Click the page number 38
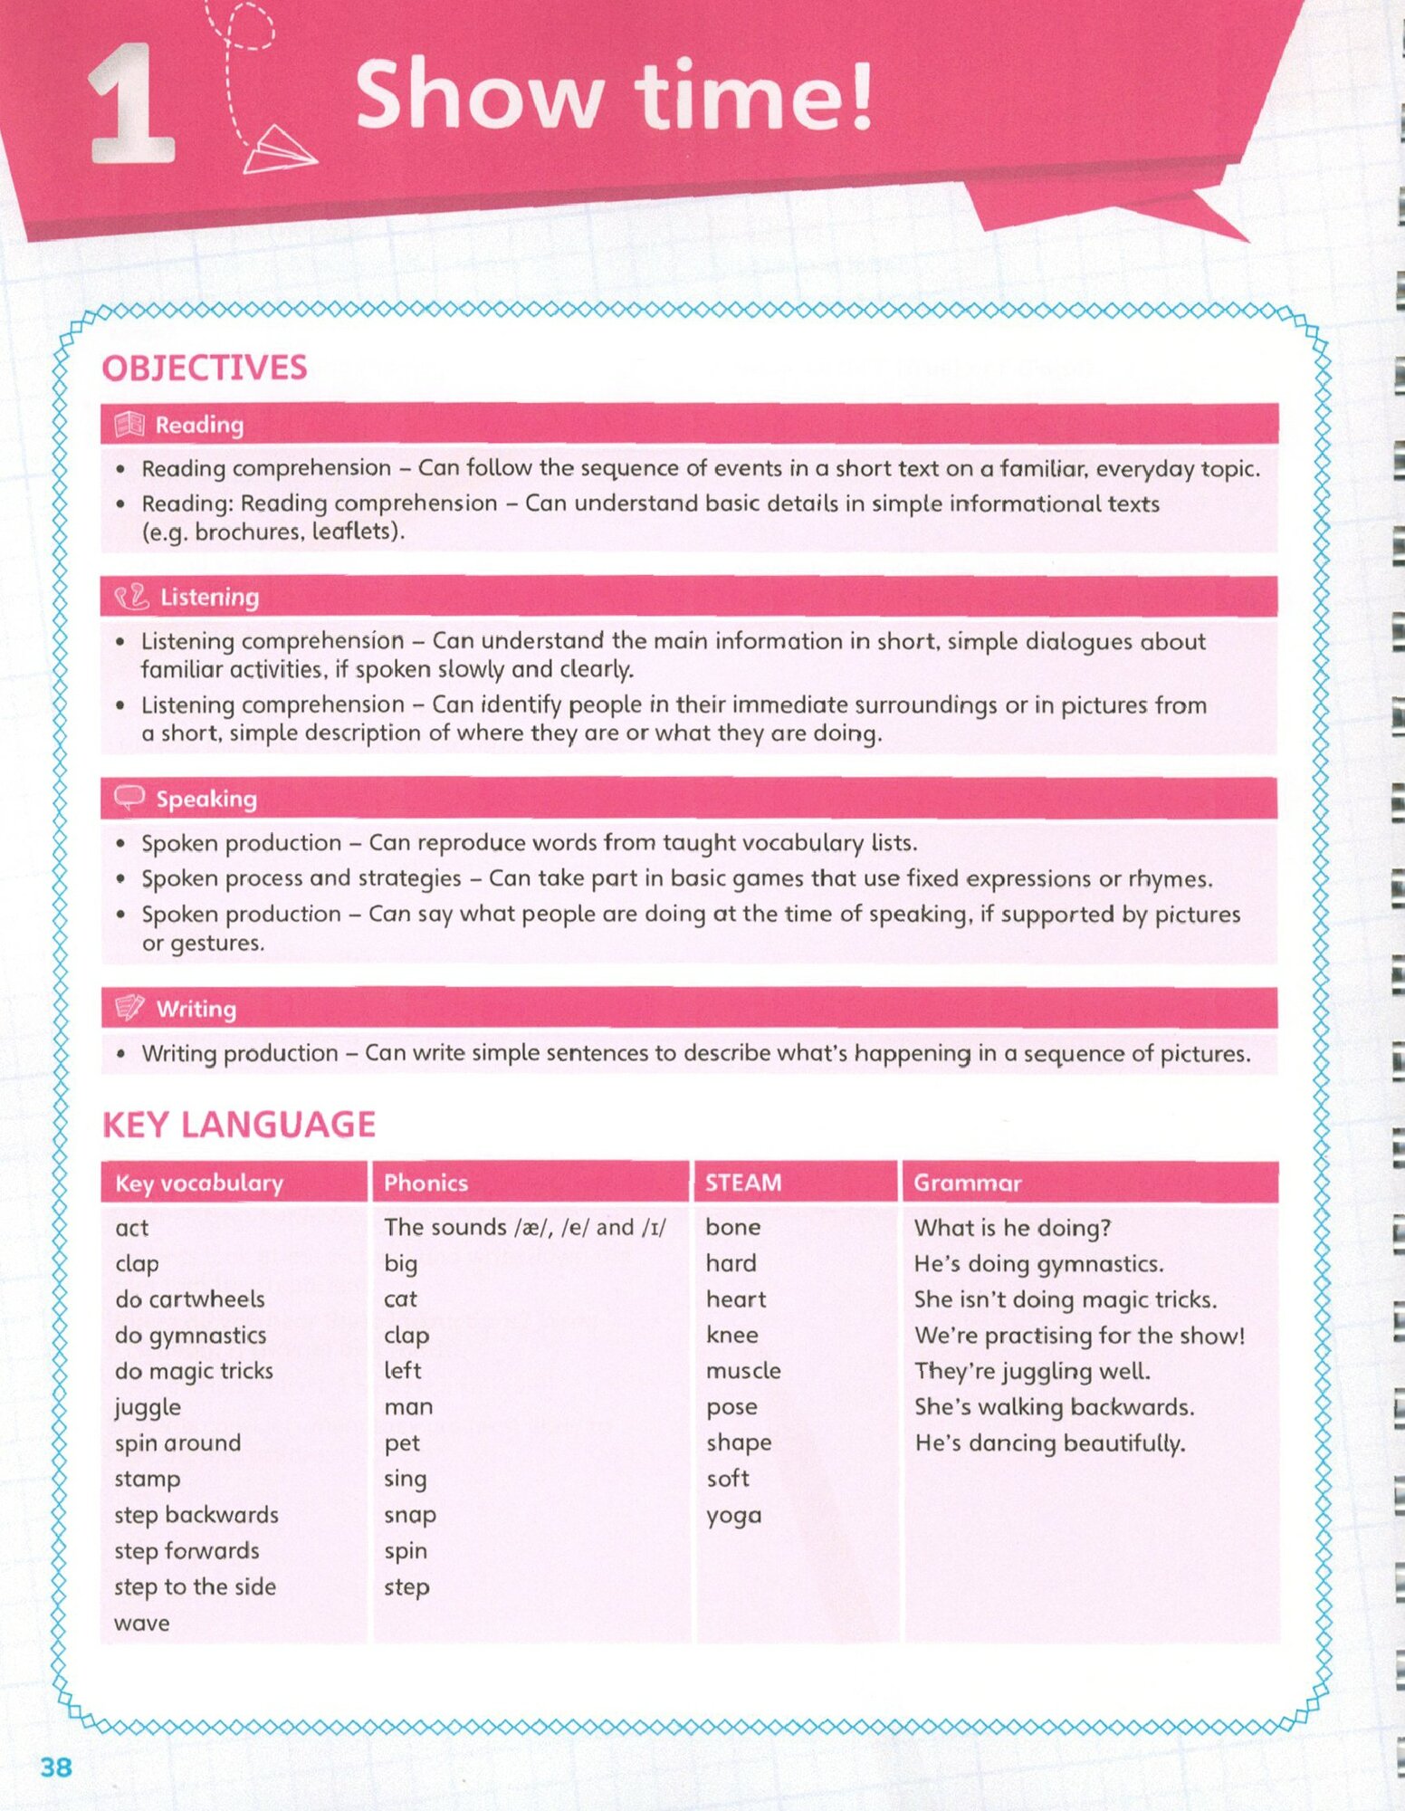pyautogui.click(x=56, y=1767)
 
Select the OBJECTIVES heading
pyautogui.click(x=205, y=368)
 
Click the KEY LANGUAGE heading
pyautogui.click(x=239, y=1125)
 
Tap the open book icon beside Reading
pyautogui.click(x=129, y=425)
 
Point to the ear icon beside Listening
pyautogui.click(x=131, y=597)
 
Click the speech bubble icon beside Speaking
pyautogui.click(x=129, y=798)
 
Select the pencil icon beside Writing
pyautogui.click(x=129, y=1008)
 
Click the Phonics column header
pyautogui.click(x=425, y=1183)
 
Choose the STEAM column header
pyautogui.click(x=743, y=1183)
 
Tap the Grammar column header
pyautogui.click(x=967, y=1183)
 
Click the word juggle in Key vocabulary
pyautogui.click(x=148, y=1407)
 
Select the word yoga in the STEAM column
pyautogui.click(x=733, y=1515)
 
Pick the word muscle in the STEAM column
pyautogui.click(x=743, y=1371)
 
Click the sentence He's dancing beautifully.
pyautogui.click(x=1049, y=1442)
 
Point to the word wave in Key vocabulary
pyautogui.click(x=142, y=1623)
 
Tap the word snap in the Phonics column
pyautogui.click(x=410, y=1515)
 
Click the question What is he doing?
pyautogui.click(x=1012, y=1228)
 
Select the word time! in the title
pyautogui.click(x=753, y=95)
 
